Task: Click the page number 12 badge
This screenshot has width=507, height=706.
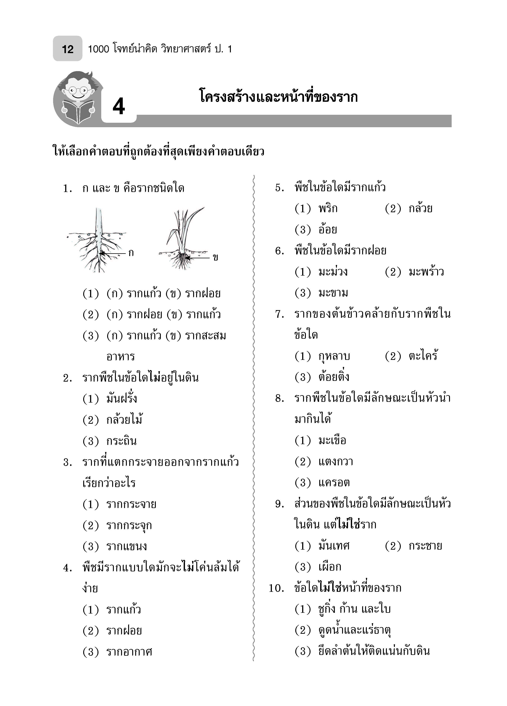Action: point(68,49)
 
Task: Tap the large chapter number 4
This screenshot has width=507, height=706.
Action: point(119,106)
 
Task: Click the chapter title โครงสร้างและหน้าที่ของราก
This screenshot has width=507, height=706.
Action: point(278,97)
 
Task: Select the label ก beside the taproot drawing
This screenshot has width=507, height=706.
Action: point(131,253)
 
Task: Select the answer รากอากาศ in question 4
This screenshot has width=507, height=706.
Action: point(129,652)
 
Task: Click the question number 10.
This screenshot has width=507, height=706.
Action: point(276,588)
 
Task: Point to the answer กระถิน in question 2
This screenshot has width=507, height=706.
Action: point(121,441)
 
